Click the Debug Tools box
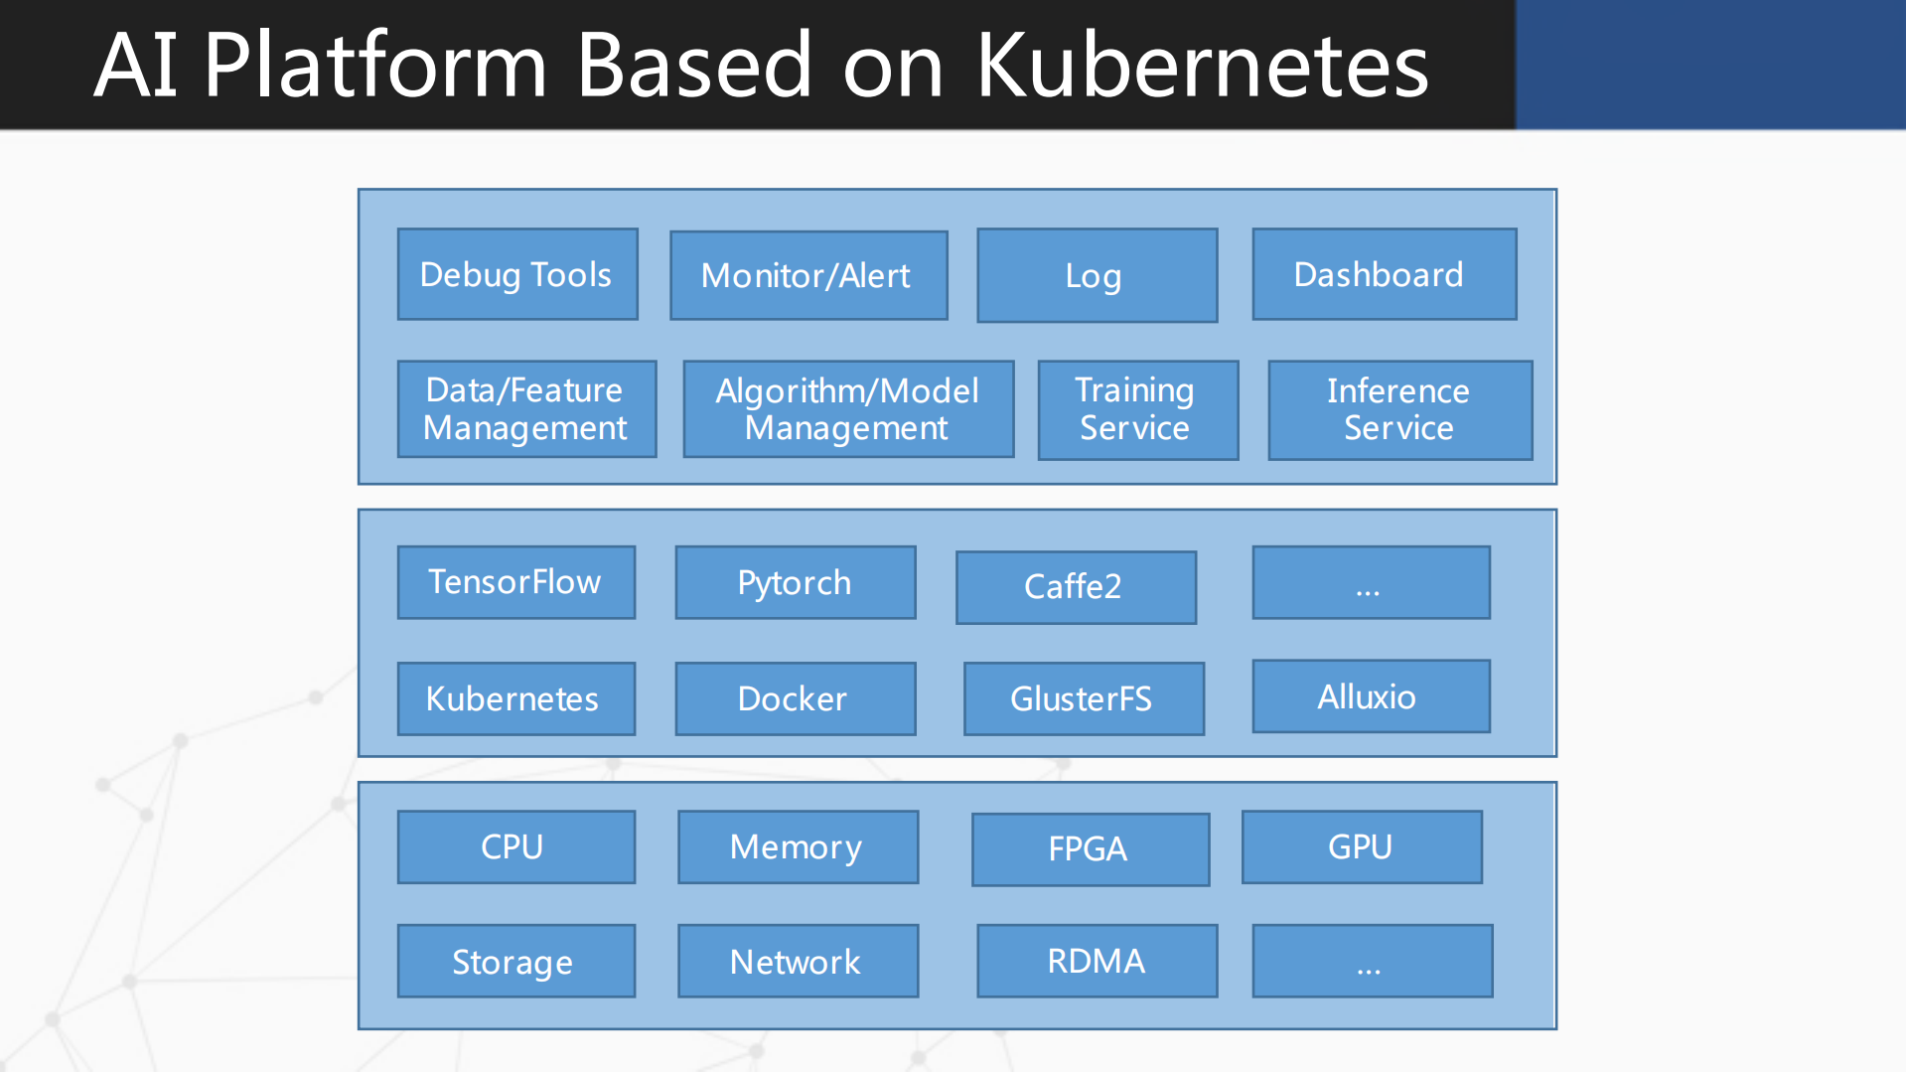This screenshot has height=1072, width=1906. pyautogui.click(x=517, y=274)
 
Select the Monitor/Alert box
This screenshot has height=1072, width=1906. pyautogui.click(x=808, y=275)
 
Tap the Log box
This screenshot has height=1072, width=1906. pyautogui.click(x=1097, y=275)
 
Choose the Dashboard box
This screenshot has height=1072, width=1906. pyautogui.click(x=1384, y=274)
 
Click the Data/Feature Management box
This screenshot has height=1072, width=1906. pyautogui.click(x=526, y=408)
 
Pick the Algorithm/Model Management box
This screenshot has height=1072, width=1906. pyautogui.click(x=848, y=408)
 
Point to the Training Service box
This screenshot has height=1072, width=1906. pyautogui.click(x=1137, y=409)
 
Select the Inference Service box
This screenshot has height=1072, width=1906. pyautogui.click(x=1399, y=409)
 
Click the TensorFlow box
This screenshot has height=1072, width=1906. pyautogui.click(x=515, y=582)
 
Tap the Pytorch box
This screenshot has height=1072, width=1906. pyautogui.click(x=795, y=582)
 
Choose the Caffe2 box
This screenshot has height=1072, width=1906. pyautogui.click(x=1076, y=587)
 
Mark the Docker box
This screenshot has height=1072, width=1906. pyautogui.click(x=795, y=698)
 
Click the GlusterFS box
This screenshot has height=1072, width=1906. pyautogui.click(x=1084, y=698)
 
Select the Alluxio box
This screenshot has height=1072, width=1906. pyautogui.click(x=1370, y=696)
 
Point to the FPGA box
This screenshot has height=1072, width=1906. pyautogui.click(x=1090, y=849)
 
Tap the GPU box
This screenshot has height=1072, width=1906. pyautogui.click(x=1361, y=846)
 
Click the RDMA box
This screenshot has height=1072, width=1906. pyautogui.click(x=1097, y=961)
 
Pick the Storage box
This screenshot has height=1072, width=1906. pyautogui.click(x=515, y=961)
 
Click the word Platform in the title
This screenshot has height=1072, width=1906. pyautogui.click(x=374, y=66)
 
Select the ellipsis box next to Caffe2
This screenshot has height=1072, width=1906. pyautogui.click(x=1370, y=582)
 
